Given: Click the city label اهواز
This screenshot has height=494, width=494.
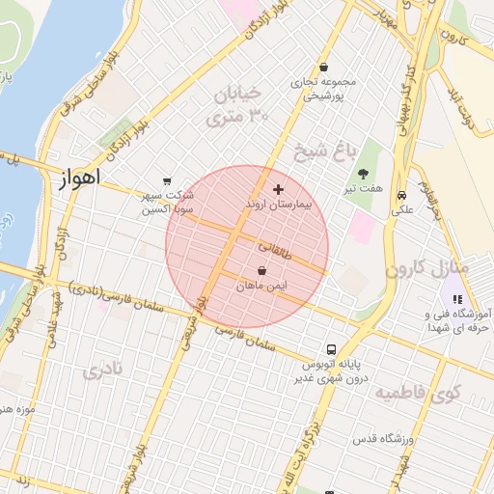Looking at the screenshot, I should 80,179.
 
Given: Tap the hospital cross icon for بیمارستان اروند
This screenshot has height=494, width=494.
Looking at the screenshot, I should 279,189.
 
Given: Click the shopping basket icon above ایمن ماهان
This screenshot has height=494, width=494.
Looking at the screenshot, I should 263,272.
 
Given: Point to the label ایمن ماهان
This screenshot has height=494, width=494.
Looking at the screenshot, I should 263,287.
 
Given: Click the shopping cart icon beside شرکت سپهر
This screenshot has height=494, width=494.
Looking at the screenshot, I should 168,180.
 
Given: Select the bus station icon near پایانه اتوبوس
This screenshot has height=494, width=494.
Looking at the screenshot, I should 331,349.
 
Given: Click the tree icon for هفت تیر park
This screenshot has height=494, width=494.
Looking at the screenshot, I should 363,175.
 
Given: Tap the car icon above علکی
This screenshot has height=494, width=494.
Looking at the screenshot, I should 400,193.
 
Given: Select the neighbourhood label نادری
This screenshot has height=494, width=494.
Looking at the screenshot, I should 103,370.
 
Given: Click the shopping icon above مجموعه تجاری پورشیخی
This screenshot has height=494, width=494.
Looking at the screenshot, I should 322,68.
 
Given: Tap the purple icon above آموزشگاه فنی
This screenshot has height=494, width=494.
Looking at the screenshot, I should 457,300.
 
